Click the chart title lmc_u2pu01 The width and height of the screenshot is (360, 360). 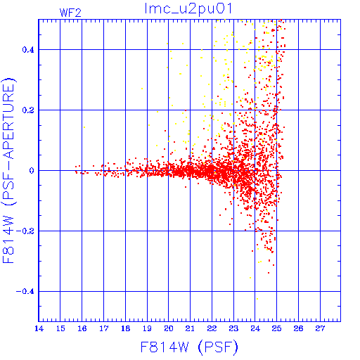pyautogui.click(x=188, y=8)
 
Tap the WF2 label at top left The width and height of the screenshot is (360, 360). pyautogui.click(x=70, y=13)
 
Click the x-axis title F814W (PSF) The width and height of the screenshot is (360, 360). pyautogui.click(x=189, y=347)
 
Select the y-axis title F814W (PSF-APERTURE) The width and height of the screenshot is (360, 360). pyautogui.click(x=8, y=170)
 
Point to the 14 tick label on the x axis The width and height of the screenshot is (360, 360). pyautogui.click(x=39, y=328)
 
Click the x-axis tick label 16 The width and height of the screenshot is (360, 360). pyautogui.click(x=82, y=328)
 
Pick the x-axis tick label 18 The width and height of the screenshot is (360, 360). pyautogui.click(x=125, y=328)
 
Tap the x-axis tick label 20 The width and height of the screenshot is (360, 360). pyautogui.click(x=169, y=328)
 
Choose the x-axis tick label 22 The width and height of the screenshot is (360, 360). pyautogui.click(x=212, y=328)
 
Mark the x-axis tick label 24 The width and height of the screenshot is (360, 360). pyautogui.click(x=255, y=328)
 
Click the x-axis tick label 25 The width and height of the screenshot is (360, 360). pyautogui.click(x=276, y=328)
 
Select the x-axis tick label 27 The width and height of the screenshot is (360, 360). pyautogui.click(x=320, y=328)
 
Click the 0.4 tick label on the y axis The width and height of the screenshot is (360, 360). pyautogui.click(x=28, y=50)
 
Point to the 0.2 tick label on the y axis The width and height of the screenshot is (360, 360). pyautogui.click(x=28, y=110)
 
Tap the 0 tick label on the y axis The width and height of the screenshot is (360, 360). pyautogui.click(x=32, y=171)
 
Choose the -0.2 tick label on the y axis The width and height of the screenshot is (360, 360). pyautogui.click(x=25, y=231)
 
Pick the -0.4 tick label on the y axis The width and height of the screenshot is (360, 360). pyautogui.click(x=25, y=292)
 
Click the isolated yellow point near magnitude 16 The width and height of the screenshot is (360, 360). pyautogui.click(x=84, y=127)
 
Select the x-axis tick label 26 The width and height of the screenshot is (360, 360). pyautogui.click(x=298, y=328)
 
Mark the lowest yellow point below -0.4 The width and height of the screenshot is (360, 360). pyautogui.click(x=257, y=299)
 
